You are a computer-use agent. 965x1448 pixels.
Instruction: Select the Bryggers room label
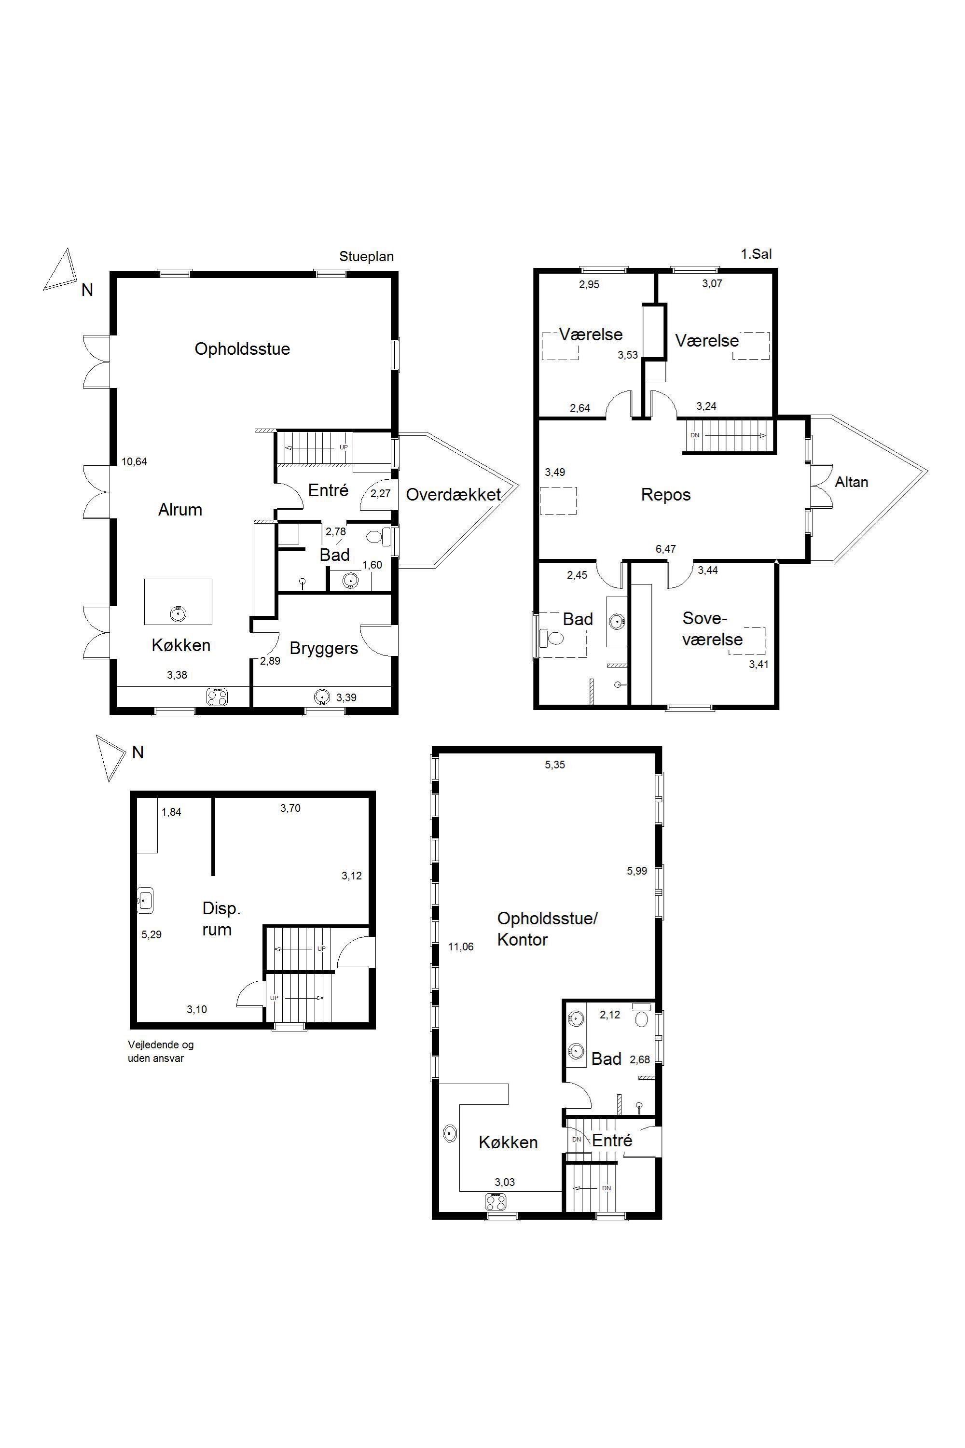click(x=324, y=648)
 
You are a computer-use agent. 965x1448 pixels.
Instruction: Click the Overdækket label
click(x=454, y=494)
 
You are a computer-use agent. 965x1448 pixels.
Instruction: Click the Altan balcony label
click(x=851, y=482)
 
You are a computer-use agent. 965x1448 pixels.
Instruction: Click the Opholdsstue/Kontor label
click(x=547, y=928)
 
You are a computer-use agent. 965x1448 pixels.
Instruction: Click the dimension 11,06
click(x=460, y=947)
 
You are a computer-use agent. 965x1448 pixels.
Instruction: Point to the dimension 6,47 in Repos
click(x=666, y=548)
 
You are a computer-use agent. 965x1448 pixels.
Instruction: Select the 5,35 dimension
click(x=554, y=765)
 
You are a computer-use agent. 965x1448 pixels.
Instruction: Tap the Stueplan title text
click(x=366, y=257)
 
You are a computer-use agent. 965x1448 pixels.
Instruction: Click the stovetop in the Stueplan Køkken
click(x=217, y=697)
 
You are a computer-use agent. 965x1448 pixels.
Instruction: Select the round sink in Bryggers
click(x=322, y=697)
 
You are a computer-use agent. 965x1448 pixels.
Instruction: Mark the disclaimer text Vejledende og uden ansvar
click(x=161, y=1052)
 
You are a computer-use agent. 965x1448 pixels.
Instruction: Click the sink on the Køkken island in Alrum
click(x=178, y=613)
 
